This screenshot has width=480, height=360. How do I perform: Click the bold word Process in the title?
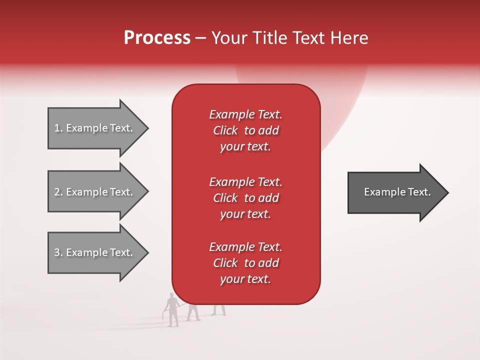coord(157,38)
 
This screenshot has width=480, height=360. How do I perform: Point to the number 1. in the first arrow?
coord(58,128)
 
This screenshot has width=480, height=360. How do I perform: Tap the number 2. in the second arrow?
coord(58,192)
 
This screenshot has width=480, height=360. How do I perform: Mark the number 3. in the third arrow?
coord(58,252)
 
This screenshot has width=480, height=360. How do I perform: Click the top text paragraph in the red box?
coord(245,130)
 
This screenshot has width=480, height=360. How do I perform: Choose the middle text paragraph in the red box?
coord(245,198)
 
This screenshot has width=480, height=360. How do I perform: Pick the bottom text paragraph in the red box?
coord(245,263)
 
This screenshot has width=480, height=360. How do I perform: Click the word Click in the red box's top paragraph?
coord(225,130)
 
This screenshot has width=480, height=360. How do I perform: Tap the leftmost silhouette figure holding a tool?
coord(172,310)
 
